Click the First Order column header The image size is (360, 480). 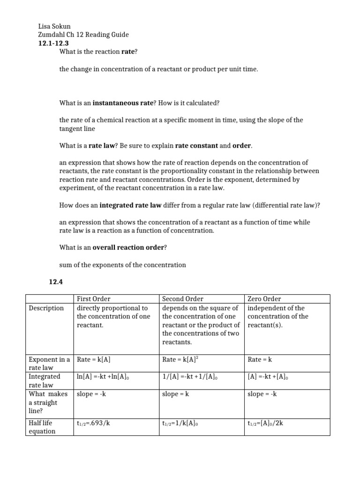(x=93, y=299)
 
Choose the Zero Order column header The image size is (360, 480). (x=264, y=299)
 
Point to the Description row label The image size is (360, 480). (x=46, y=308)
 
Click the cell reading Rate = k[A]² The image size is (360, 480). (x=178, y=360)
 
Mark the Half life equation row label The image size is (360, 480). (x=42, y=427)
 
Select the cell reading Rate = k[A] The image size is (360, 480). (x=93, y=360)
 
